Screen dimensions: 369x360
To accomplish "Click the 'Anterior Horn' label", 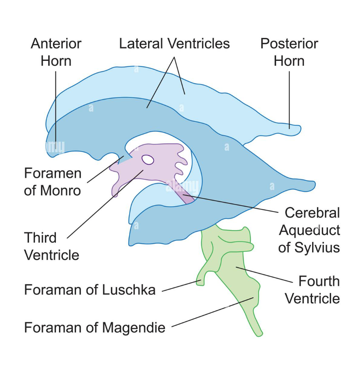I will point(56,52).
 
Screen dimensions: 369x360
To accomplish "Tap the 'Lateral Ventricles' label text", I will point(174,44).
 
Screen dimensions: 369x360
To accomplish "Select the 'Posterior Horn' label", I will point(289,52).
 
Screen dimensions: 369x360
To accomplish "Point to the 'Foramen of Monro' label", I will point(53,182).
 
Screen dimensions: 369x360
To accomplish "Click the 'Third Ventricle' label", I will point(52,246).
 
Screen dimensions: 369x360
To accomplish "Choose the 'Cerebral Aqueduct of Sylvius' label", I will point(309,230).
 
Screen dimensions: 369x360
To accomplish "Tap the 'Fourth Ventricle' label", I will point(312,290).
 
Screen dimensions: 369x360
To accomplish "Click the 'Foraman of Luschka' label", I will point(90,290).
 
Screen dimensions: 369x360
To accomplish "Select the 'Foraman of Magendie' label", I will point(95,327).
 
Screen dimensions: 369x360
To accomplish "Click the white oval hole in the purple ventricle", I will point(148,160).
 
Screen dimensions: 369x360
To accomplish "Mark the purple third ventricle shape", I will point(161,169).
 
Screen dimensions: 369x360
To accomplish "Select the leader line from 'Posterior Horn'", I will point(289,97).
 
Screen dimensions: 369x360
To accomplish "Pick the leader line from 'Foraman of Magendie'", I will point(213,312).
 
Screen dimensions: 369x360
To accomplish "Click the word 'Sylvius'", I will point(318,247).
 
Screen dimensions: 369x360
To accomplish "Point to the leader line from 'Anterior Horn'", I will point(56,105).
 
